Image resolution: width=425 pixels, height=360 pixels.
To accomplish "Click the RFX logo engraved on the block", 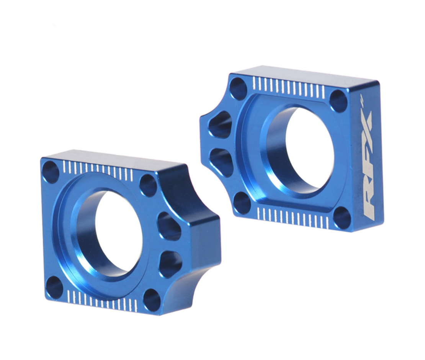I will [x=368, y=165].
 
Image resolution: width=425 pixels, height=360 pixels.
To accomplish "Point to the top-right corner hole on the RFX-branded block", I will [x=338, y=101].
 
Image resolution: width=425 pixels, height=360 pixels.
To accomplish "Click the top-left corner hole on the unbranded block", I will [x=51, y=172].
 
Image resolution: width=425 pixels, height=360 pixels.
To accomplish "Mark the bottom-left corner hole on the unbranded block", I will [x=54, y=287].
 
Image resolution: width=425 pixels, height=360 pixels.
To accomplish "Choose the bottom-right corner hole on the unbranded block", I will [x=152, y=300].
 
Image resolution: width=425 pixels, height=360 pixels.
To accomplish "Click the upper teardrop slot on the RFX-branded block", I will [x=221, y=125].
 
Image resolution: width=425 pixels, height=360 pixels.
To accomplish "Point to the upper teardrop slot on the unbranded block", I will [x=169, y=226].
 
